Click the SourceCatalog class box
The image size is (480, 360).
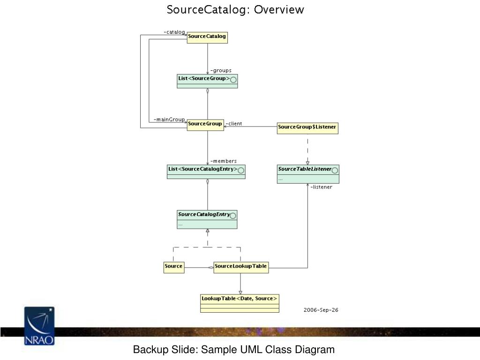pyautogui.click(x=207, y=37)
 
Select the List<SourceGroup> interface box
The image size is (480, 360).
pyautogui.click(x=207, y=81)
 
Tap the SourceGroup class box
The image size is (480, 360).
pyautogui.click(x=205, y=125)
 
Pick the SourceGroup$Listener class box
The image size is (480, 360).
pyautogui.click(x=307, y=128)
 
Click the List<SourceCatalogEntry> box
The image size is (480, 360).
pyautogui.click(x=206, y=172)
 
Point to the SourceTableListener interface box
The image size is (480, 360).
pyautogui.click(x=308, y=174)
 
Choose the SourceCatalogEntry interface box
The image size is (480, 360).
pyautogui.click(x=207, y=219)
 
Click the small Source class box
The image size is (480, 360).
pyautogui.click(x=174, y=267)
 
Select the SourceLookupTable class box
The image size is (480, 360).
pyautogui.click(x=241, y=267)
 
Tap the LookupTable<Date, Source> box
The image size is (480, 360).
pyautogui.click(x=240, y=303)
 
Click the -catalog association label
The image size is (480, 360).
pyautogui.click(x=174, y=32)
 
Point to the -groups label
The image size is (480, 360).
pyautogui.click(x=221, y=70)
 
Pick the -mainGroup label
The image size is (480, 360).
pyautogui.click(x=169, y=120)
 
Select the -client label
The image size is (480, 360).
pyautogui.click(x=234, y=124)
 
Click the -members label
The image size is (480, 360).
pyautogui.click(x=224, y=161)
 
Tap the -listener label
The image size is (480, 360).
pyautogui.click(x=321, y=187)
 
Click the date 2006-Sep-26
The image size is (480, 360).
pyautogui.click(x=321, y=310)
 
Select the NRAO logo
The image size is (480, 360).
pyautogui.click(x=39, y=326)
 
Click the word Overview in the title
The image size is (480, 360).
pyautogui.click(x=279, y=9)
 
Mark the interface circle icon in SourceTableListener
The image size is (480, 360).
pyautogui.click(x=335, y=170)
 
